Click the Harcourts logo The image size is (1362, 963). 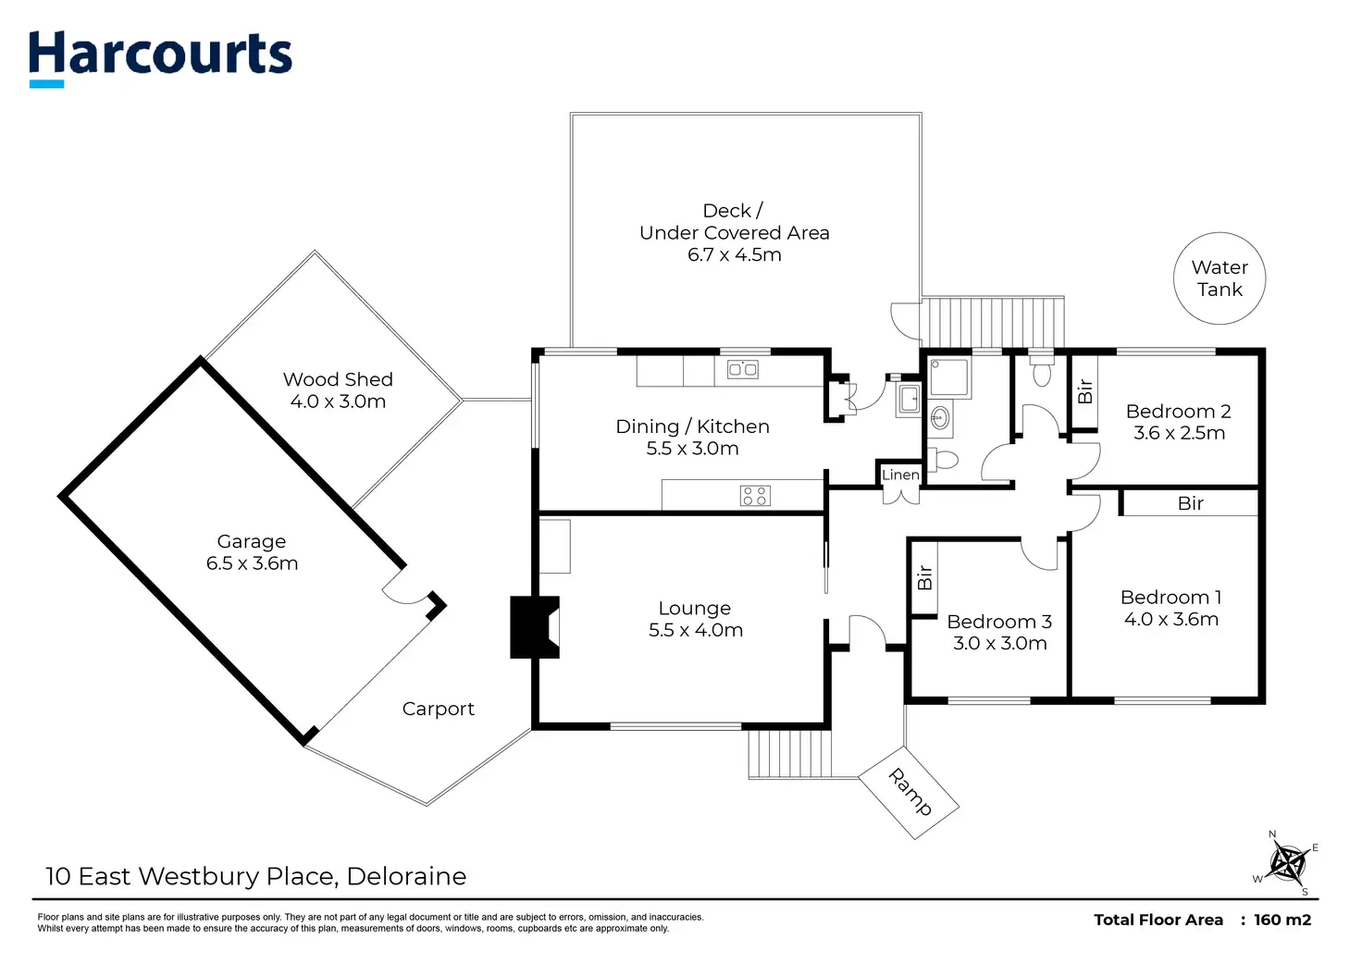[160, 56]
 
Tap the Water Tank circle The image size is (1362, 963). [1220, 278]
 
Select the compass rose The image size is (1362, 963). [1286, 864]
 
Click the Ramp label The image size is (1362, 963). [910, 792]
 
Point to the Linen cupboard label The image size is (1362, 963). [900, 475]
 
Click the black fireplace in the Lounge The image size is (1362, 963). [534, 627]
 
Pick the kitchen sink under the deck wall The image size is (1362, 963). [743, 370]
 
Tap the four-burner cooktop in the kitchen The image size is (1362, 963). [755, 496]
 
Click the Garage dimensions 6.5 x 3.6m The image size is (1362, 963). [252, 563]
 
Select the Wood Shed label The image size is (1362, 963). [338, 379]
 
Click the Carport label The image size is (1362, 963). [438, 709]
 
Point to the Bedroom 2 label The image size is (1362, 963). [1178, 411]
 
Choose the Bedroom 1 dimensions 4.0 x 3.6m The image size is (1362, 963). [1170, 620]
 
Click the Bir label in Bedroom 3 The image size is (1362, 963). [924, 578]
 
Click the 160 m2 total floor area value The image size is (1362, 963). [1282, 920]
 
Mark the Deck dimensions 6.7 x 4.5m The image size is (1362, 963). [734, 255]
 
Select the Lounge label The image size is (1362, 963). [694, 608]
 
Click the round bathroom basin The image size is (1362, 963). [940, 418]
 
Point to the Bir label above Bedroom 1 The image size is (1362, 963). [1190, 503]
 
